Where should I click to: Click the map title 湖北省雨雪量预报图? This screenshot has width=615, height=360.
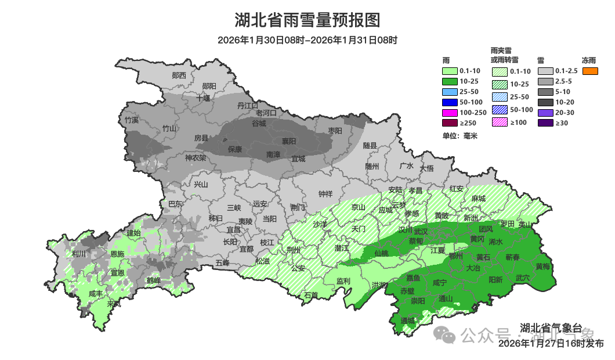(x=307, y=20)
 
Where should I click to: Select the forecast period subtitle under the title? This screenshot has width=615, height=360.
(x=307, y=40)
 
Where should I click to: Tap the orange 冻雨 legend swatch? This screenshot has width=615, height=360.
(x=590, y=71)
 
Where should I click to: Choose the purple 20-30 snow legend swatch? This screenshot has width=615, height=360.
(x=545, y=113)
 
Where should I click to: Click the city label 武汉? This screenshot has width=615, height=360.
(x=421, y=231)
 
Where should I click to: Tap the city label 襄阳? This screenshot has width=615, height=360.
(x=289, y=141)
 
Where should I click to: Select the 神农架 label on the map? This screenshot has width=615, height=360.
(x=196, y=157)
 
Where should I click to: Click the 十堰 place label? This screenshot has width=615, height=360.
(x=203, y=98)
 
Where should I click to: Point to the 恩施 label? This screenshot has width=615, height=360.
(x=117, y=254)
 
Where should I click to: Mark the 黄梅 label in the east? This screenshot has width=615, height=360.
(x=543, y=267)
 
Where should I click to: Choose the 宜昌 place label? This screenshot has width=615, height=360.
(x=233, y=230)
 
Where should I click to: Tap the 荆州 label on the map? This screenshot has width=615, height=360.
(x=294, y=250)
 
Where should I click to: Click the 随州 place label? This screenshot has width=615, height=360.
(x=372, y=166)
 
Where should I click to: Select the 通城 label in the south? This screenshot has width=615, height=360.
(x=408, y=321)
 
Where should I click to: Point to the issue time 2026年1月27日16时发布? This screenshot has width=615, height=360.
(x=551, y=344)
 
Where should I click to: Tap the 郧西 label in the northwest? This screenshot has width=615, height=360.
(x=179, y=75)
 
